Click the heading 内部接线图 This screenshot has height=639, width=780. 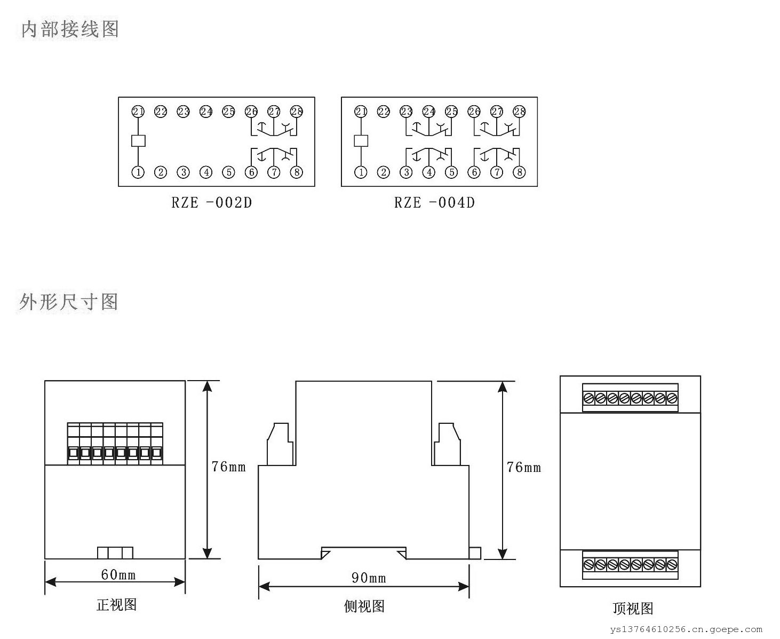[x=69, y=29]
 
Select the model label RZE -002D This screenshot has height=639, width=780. [x=211, y=203]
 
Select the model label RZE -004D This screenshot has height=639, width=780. [x=434, y=203]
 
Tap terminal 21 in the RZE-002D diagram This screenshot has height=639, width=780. [x=138, y=112]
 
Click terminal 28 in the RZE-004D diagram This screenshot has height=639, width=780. [x=519, y=112]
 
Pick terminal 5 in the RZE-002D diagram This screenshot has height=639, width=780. [x=229, y=172]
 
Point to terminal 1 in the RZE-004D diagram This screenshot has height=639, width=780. [x=361, y=172]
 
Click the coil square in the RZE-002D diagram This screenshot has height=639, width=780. [x=138, y=141]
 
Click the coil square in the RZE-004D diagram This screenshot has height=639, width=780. [x=361, y=141]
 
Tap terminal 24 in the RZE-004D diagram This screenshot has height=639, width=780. [x=429, y=112]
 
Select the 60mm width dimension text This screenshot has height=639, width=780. [x=118, y=574]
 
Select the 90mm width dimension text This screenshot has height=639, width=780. [x=369, y=578]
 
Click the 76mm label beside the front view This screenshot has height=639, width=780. [x=228, y=467]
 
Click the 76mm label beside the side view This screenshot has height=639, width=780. [x=524, y=468]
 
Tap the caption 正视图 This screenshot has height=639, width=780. [x=116, y=604]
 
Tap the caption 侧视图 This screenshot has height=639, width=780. [x=364, y=606]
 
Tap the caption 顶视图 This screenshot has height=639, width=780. [x=633, y=609]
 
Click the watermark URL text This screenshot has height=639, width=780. [x=687, y=630]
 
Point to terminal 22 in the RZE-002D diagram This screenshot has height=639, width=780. [x=161, y=112]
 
